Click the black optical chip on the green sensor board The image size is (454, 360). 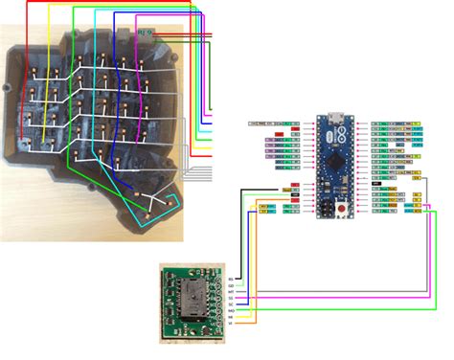(196, 298)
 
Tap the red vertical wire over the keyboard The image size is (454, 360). (194, 96)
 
